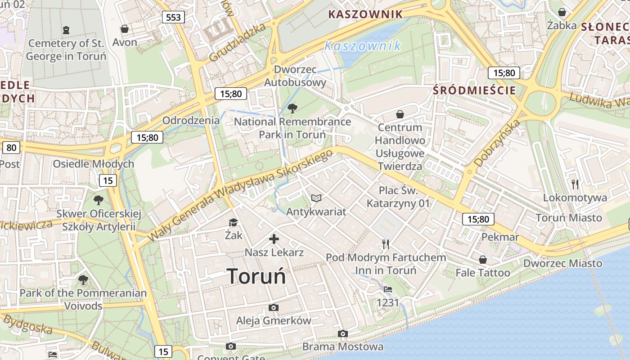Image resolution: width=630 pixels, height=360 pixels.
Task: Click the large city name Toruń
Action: (x=256, y=276)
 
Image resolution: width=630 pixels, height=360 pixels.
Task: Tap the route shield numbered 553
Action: (x=173, y=18)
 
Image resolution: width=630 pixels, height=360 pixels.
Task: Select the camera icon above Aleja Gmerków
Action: (x=273, y=308)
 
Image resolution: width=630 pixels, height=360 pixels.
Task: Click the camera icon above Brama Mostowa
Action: (x=343, y=333)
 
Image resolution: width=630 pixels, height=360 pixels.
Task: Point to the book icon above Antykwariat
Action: (x=316, y=198)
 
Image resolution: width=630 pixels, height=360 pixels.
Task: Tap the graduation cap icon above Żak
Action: (x=233, y=222)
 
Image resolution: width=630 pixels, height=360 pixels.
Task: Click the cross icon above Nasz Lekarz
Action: (x=274, y=239)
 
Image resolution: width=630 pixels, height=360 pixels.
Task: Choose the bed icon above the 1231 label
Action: (x=388, y=289)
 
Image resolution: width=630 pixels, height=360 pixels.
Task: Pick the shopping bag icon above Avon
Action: (x=125, y=29)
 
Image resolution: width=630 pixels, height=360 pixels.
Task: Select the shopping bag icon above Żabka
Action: (x=562, y=12)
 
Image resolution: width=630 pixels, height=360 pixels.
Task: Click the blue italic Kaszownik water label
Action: (x=362, y=46)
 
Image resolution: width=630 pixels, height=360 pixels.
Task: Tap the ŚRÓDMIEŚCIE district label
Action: (x=474, y=90)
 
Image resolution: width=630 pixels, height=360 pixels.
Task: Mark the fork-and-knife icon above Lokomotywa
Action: (x=575, y=184)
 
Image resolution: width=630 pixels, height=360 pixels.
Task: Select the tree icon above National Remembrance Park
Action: (x=292, y=108)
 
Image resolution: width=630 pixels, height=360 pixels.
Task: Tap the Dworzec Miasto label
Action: (x=562, y=263)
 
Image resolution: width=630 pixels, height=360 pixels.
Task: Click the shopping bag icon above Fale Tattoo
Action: (x=483, y=260)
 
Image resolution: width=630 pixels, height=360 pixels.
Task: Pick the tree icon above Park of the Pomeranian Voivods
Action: (x=83, y=280)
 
